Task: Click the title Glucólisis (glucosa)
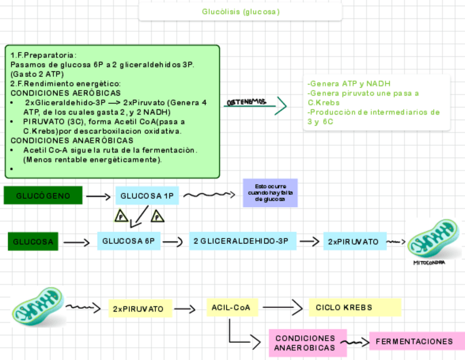240,12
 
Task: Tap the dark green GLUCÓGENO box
43,195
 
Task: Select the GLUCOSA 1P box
147,195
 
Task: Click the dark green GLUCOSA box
33,241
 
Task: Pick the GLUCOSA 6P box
129,241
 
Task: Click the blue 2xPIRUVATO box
354,241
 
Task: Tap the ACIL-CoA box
231,307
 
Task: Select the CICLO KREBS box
354,307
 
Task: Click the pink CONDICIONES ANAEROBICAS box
305,343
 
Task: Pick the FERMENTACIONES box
414,341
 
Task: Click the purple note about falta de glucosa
270,193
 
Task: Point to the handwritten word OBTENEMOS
246,102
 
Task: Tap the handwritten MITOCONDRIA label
429,262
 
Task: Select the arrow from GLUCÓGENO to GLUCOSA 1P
98,196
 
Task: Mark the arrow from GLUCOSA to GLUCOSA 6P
77,242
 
